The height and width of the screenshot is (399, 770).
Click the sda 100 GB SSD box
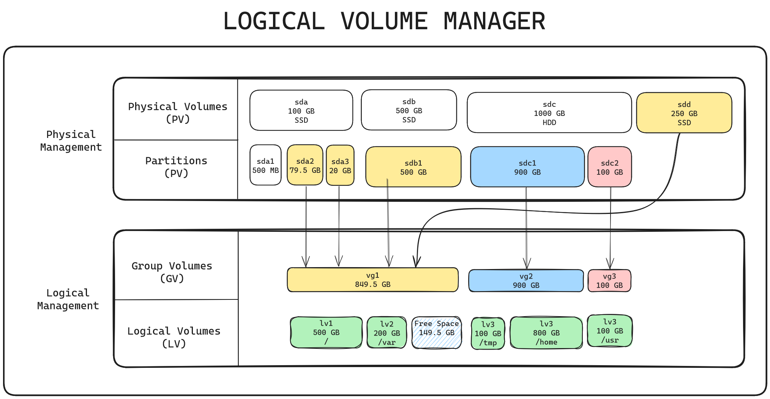[301, 111]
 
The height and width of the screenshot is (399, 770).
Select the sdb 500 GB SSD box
[409, 110]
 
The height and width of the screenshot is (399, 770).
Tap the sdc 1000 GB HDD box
[549, 113]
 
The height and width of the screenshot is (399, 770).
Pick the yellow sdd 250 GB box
[684, 113]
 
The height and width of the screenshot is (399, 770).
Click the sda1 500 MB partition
[265, 165]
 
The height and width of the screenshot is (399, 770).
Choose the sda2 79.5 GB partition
[305, 165]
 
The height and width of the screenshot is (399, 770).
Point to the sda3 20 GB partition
[340, 166]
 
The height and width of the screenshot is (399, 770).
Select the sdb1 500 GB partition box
[413, 167]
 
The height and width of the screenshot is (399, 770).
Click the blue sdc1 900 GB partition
[527, 167]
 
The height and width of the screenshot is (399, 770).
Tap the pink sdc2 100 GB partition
[609, 167]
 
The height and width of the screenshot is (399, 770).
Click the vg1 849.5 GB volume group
[372, 280]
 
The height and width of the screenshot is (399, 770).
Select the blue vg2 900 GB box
[526, 281]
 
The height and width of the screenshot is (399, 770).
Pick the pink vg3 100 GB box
[609, 281]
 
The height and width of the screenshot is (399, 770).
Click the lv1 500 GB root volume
[326, 332]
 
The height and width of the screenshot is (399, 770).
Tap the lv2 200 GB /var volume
[387, 333]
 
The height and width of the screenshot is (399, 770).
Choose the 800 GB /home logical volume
[546, 333]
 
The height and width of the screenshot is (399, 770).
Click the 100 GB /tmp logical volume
[488, 334]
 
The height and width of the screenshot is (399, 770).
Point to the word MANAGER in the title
[494, 21]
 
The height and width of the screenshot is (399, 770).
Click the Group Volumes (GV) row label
[172, 272]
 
